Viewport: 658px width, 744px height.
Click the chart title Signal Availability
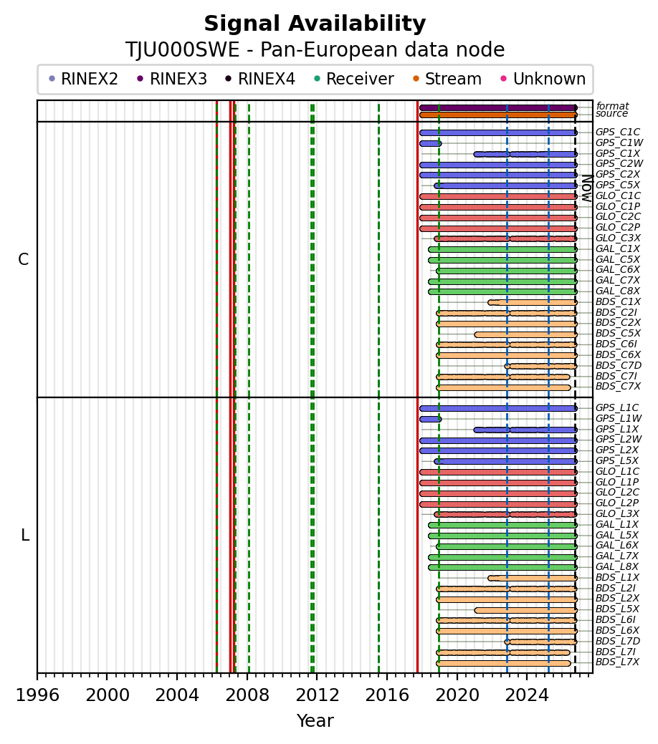pos(315,24)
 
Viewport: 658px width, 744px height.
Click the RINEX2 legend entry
pos(84,79)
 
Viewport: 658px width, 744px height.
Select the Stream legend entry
pos(447,79)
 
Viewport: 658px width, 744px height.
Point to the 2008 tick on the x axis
pos(247,674)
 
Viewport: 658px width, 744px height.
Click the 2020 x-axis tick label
pos(457,695)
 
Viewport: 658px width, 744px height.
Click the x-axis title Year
pos(315,721)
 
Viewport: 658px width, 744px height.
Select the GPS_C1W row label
pos(619,142)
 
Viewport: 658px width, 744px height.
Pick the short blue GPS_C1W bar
pos(431,143)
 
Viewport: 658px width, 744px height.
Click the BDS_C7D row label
pos(619,365)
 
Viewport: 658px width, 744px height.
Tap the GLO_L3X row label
pos(617,514)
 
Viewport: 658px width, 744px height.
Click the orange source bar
pos(498,115)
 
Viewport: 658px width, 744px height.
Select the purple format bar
pos(498,107)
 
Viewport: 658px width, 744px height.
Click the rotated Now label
pos(587,188)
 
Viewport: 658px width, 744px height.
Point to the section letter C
pos(23,259)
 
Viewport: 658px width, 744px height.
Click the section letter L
pos(25,535)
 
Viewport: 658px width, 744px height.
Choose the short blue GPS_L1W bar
pos(431,419)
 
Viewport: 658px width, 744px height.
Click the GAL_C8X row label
pos(618,291)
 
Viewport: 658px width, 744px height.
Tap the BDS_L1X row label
pos(617,577)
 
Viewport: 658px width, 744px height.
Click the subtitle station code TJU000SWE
pos(183,50)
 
